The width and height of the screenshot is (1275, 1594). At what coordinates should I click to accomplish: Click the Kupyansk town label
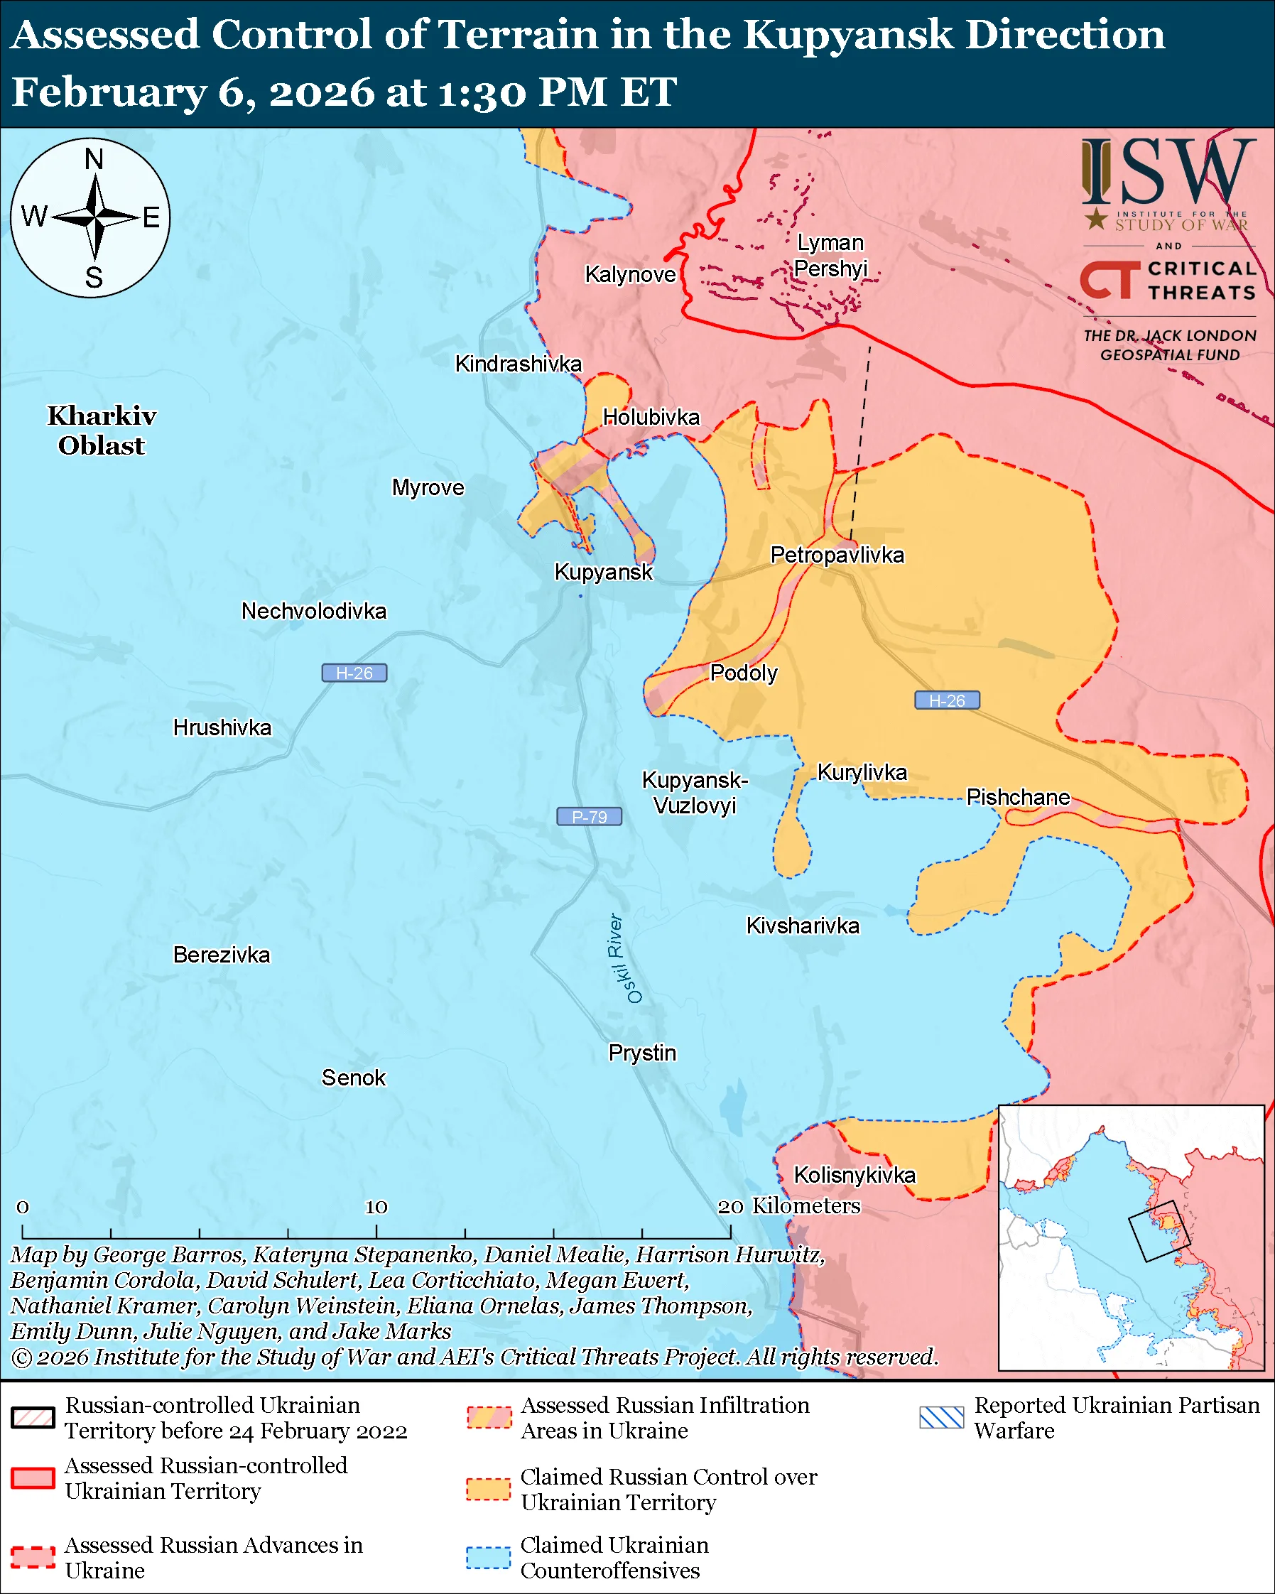[x=603, y=573]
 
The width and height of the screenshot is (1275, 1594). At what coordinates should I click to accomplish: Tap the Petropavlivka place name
[x=837, y=555]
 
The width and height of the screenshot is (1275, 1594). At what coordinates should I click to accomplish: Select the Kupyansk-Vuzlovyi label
[x=695, y=793]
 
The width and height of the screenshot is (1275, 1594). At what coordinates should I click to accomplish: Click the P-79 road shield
[x=589, y=817]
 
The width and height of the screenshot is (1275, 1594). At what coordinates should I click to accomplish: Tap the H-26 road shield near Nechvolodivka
[x=354, y=673]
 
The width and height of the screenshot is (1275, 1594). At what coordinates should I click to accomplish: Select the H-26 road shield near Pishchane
[x=947, y=700]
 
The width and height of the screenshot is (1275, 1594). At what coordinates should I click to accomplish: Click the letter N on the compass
[x=94, y=160]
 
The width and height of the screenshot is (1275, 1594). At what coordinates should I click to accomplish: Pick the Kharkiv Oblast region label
[x=102, y=431]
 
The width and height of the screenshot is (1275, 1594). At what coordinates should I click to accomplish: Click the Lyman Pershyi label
[x=830, y=256]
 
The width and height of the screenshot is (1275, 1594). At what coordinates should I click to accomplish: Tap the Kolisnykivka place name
[x=854, y=1176]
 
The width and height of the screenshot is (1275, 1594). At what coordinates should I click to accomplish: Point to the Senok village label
[x=353, y=1078]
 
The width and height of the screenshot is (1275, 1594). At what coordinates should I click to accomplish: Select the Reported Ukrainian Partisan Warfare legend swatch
[x=942, y=1418]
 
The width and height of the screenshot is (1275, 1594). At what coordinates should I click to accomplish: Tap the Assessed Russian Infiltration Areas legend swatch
[x=488, y=1418]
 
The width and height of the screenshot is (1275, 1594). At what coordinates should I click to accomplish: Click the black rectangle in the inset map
[x=1159, y=1231]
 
